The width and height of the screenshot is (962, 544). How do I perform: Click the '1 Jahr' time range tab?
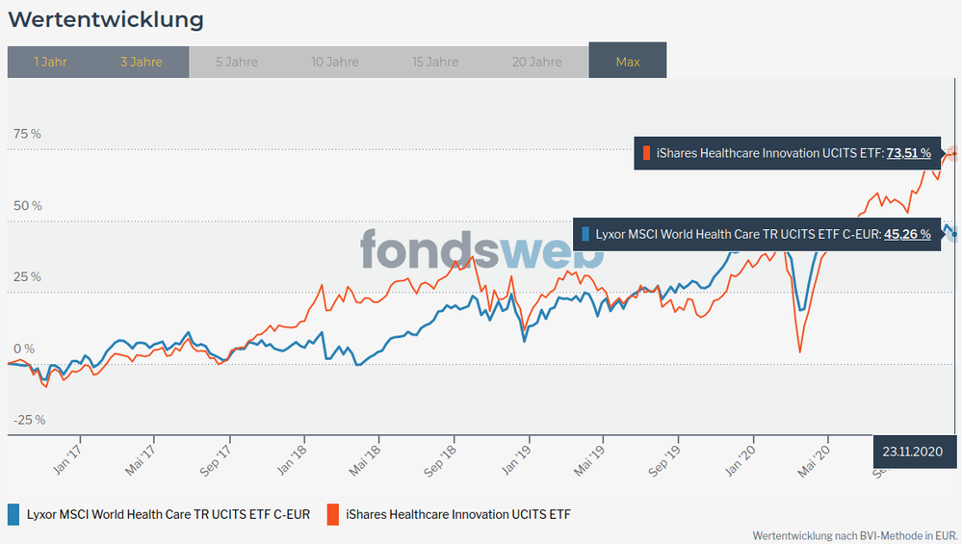(50, 62)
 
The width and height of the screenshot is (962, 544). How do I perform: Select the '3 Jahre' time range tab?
(142, 62)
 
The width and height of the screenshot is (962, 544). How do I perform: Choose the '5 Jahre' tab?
(236, 62)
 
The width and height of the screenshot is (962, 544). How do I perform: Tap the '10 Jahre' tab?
(335, 62)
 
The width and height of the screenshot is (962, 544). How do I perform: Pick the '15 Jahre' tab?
(435, 62)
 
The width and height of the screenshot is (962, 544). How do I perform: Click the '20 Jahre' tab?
(537, 62)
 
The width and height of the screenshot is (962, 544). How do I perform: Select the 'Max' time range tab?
(628, 62)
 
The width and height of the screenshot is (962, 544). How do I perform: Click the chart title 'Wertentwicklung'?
(106, 19)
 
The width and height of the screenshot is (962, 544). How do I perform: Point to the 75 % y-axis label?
(27, 134)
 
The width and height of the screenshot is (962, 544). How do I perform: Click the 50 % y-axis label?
(27, 205)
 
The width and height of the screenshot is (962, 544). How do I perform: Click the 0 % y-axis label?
(23, 349)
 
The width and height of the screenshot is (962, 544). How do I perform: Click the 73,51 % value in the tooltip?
(908, 152)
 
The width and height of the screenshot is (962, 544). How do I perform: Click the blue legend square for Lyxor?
(13, 514)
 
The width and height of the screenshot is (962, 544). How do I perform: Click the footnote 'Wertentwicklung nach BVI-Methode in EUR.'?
(855, 534)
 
